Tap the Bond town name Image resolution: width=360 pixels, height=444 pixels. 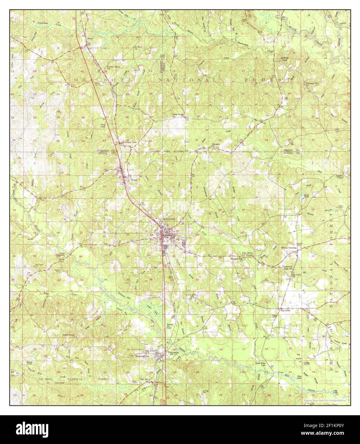[x=134, y=180]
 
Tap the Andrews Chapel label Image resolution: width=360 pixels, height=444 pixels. [x=285, y=59]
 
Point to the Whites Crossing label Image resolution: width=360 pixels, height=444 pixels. [x=289, y=248]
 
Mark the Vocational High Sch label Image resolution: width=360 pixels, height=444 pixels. [x=288, y=267]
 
